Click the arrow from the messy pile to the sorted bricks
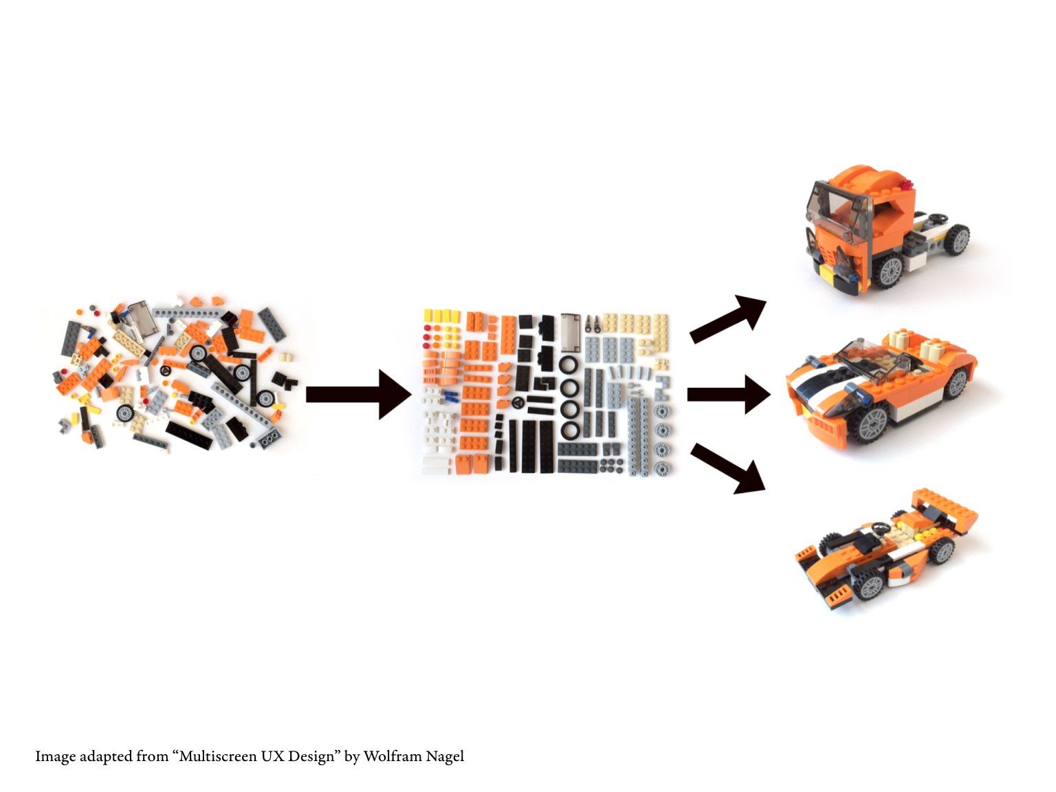pos(358,395)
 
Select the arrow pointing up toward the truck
pos(728,318)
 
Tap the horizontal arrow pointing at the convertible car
pos(729,395)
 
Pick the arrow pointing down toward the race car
pos(728,468)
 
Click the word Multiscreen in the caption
pos(217,756)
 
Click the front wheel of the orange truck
pos(890,270)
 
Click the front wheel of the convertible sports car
pos(872,423)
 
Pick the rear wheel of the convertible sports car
pos(956,382)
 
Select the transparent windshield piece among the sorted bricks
pos(571,333)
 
